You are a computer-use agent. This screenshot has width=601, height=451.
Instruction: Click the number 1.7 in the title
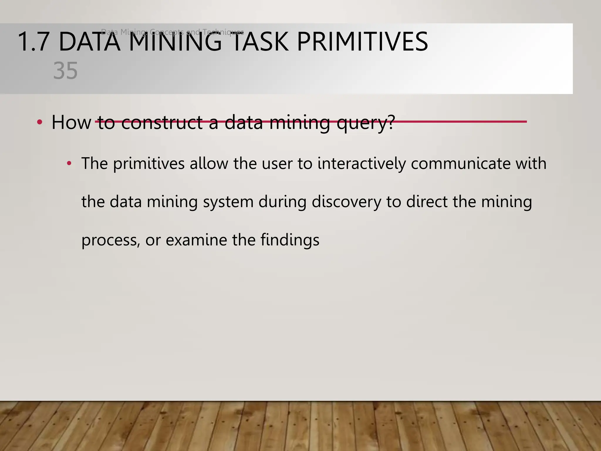point(33,42)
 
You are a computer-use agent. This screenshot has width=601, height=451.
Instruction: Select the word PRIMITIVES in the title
point(362,42)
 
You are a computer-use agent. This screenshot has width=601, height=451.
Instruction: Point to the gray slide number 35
point(65,71)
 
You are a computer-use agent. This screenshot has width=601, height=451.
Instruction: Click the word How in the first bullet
point(71,122)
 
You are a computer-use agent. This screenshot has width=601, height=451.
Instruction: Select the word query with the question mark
point(366,123)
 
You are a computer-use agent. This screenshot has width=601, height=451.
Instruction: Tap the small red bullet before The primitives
point(69,163)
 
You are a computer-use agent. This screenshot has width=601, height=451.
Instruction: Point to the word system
point(228,202)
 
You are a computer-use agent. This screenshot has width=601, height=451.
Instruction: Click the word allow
point(209,164)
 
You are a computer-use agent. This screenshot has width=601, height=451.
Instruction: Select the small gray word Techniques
point(223,32)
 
